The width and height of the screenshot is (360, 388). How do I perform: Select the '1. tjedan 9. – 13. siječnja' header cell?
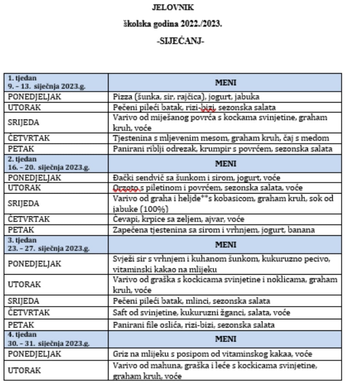click(x=56, y=82)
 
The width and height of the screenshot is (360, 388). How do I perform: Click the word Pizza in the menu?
click(x=121, y=97)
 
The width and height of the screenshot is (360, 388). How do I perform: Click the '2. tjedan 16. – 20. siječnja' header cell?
click(x=56, y=164)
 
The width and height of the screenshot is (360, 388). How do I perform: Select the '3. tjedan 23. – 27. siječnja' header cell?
click(x=56, y=245)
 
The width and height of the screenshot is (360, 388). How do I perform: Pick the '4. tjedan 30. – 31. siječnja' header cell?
click(x=56, y=339)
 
